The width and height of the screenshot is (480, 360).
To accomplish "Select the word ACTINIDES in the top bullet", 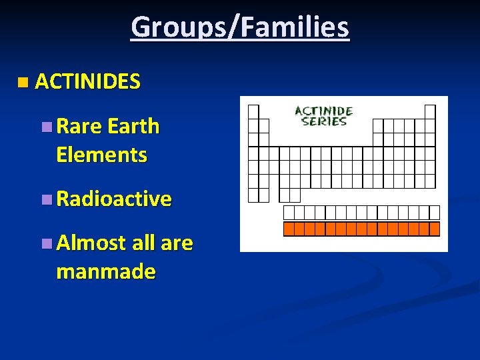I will pyautogui.click(x=87, y=82).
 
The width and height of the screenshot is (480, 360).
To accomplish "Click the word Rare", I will pyautogui.click(x=79, y=126).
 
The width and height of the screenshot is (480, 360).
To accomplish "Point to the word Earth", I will pyautogui.click(x=133, y=126).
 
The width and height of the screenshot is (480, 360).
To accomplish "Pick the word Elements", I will pyautogui.click(x=101, y=155).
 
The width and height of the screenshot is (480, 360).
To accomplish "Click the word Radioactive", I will pyautogui.click(x=114, y=199).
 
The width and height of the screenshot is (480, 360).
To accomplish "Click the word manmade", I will pyautogui.click(x=106, y=272).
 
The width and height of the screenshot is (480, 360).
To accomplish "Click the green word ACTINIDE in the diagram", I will pyautogui.click(x=323, y=111).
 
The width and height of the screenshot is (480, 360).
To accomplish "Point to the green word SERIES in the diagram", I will pyautogui.click(x=323, y=121).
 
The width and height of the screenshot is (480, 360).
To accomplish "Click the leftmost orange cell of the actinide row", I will pyautogui.click(x=289, y=229).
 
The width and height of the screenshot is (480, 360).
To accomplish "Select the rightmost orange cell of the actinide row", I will pyautogui.click(x=435, y=229).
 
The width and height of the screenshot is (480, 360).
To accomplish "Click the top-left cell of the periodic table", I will pyautogui.click(x=253, y=111).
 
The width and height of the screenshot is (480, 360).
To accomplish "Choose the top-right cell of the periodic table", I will pyautogui.click(x=430, y=111).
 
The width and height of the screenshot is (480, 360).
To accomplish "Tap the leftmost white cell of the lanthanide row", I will pyautogui.click(x=289, y=213).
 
